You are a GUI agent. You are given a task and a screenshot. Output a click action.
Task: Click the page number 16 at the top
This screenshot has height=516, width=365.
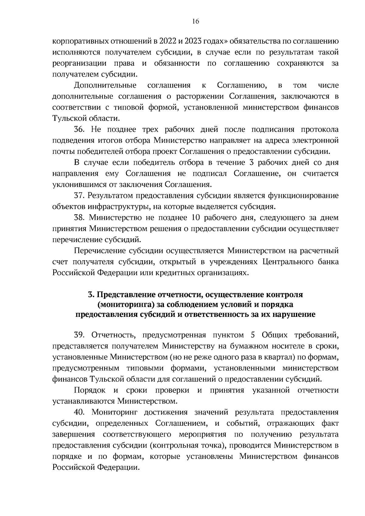[195, 21]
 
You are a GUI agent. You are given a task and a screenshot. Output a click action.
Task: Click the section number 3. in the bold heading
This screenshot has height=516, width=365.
[90, 295]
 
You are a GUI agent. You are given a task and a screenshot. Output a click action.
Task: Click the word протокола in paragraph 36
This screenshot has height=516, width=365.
[320, 130]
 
